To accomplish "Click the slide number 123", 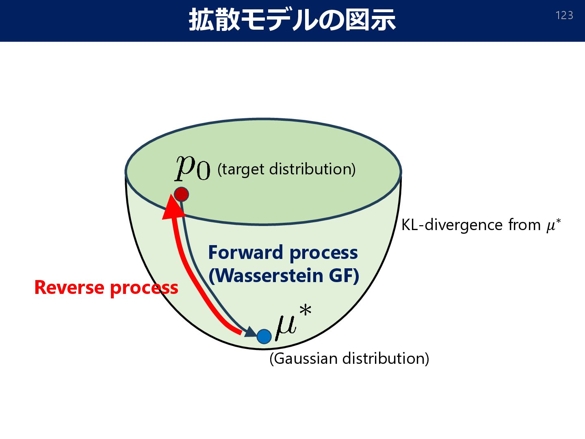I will tap(564, 15).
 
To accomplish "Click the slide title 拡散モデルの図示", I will tap(292, 20).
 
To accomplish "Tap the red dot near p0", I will tap(181, 194).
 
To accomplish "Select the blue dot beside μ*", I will tap(264, 336).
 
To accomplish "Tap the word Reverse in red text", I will tap(69, 287).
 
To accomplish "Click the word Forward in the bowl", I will tap(246, 252).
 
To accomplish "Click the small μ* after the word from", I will tap(553, 224).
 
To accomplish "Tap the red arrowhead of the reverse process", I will tap(172, 207).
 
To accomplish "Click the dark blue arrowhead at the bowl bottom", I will tap(250, 332).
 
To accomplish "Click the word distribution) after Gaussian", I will tap(386, 359).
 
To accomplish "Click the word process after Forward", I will tap(324, 253).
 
